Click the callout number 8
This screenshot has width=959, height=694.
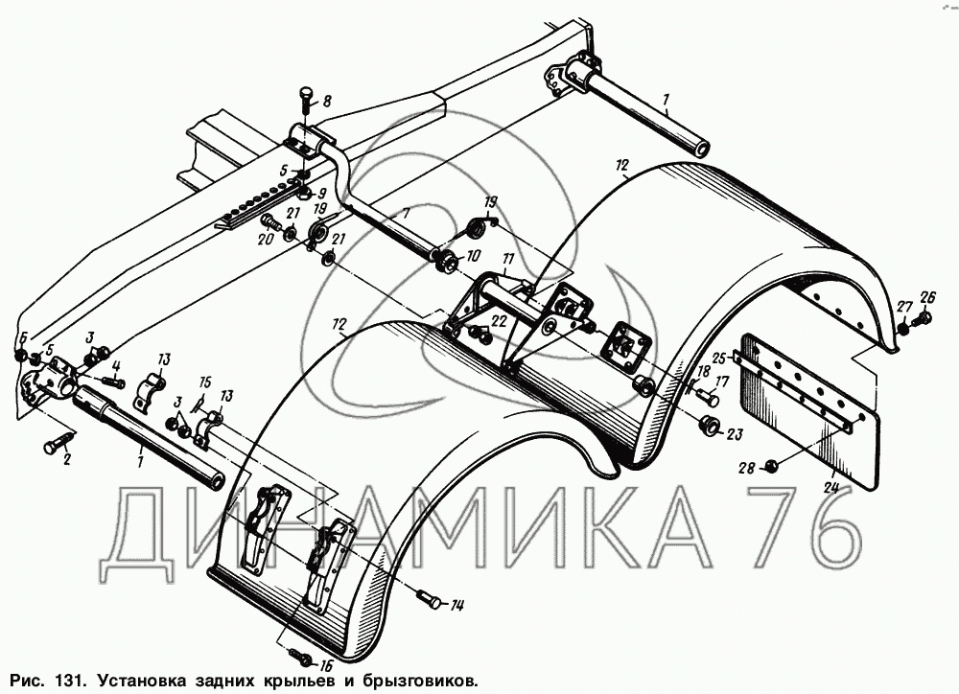click(x=326, y=101)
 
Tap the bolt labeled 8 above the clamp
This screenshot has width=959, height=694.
click(x=305, y=98)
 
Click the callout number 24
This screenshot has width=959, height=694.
click(x=831, y=486)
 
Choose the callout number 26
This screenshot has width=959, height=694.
click(x=926, y=295)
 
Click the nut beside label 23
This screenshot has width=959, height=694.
click(x=710, y=425)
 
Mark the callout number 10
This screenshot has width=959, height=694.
click(x=473, y=257)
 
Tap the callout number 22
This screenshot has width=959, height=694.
click(x=499, y=321)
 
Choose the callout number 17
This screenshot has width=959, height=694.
click(x=724, y=381)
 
